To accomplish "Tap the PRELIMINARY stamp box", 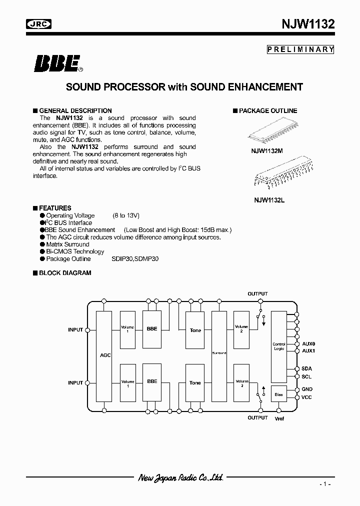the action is [300, 49].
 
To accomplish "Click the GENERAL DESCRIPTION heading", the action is [75, 110].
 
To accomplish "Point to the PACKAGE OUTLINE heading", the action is [268, 110].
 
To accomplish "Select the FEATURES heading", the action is [55, 208].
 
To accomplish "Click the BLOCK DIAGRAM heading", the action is [65, 273].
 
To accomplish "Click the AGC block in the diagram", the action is [104, 355].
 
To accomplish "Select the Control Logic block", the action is [279, 346].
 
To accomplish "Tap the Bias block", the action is [279, 394].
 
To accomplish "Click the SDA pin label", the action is [307, 368].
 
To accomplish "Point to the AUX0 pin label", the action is [309, 344].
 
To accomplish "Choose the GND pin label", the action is [307, 389].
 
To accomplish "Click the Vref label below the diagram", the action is [279, 419].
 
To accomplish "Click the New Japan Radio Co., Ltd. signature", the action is [180, 477].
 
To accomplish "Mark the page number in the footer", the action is [325, 485].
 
